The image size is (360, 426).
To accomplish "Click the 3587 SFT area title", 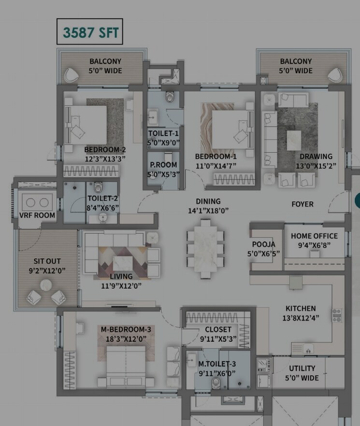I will pyautogui.click(x=90, y=32).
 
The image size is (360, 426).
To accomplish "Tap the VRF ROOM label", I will pyautogui.click(x=37, y=215).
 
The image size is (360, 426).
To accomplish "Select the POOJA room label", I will pyautogui.click(x=264, y=245).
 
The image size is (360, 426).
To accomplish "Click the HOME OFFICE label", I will pyautogui.click(x=314, y=236).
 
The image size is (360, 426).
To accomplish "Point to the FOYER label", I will pyautogui.click(x=302, y=204).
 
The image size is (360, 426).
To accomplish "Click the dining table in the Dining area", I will pyautogui.click(x=206, y=249).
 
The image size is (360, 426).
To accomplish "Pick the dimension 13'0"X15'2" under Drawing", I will pyautogui.click(x=316, y=166).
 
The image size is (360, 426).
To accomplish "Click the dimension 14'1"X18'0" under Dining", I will pyautogui.click(x=208, y=210).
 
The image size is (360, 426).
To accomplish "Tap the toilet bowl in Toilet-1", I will pyautogui.click(x=169, y=98).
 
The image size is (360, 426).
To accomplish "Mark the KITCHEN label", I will pyautogui.click(x=301, y=308).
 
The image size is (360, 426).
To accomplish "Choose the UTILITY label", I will pyautogui.click(x=302, y=368).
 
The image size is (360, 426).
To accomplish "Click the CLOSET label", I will pyautogui.click(x=218, y=330).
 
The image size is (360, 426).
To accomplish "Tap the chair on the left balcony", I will pyautogui.click(x=72, y=74).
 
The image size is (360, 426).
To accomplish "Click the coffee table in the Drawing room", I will pyautogui.click(x=294, y=140).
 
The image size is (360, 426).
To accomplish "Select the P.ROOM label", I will pyautogui.click(x=163, y=165).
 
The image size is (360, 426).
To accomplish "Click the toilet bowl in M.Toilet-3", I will pyautogui.click(x=216, y=382).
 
